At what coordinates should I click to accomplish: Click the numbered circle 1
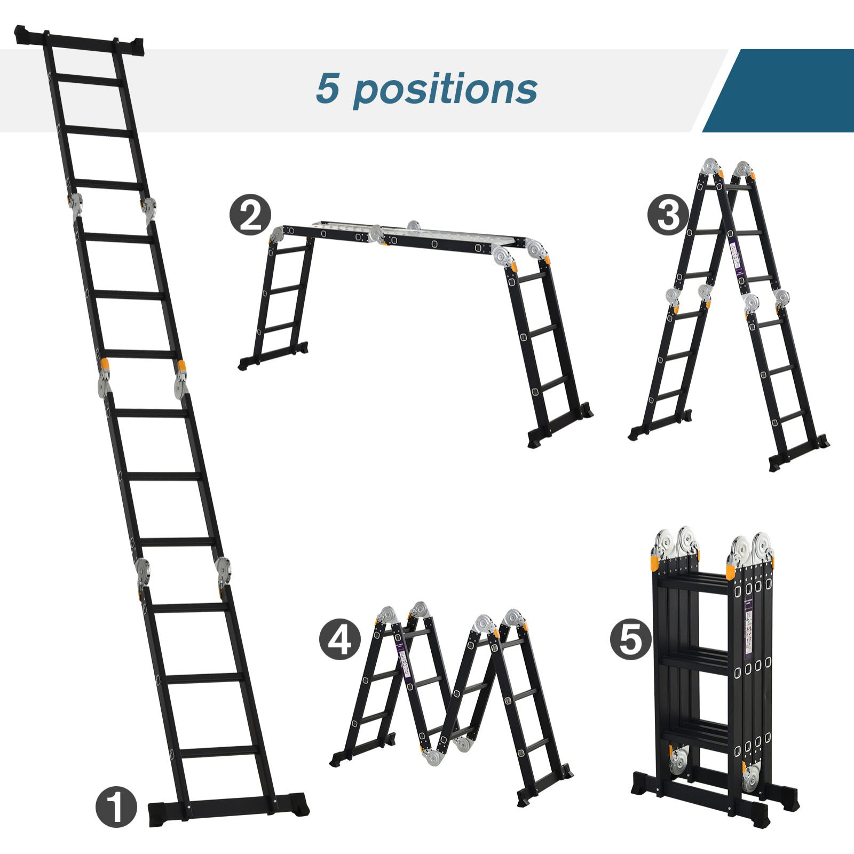tap(116, 806)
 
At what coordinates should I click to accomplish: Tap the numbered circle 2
tap(250, 215)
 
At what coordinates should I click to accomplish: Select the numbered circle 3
tap(668, 216)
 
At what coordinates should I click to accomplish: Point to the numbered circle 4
tap(340, 639)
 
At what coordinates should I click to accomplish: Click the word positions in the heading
tap(445, 90)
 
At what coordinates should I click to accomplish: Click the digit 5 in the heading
tap(327, 88)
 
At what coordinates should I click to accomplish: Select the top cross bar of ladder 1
tap(80, 41)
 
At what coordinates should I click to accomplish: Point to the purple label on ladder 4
tap(404, 660)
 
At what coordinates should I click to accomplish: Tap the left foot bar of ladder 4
tap(363, 749)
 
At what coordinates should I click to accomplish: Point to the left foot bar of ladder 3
tap(660, 425)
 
